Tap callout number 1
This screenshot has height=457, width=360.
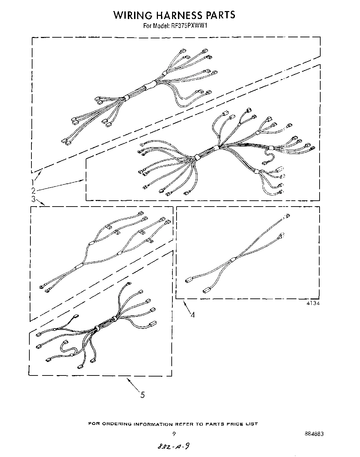pos(32,182)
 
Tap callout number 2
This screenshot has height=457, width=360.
pos(33,190)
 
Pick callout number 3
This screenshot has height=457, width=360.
pos(33,199)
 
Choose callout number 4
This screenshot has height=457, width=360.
pos(192,314)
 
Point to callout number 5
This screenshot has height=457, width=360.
pos(143,394)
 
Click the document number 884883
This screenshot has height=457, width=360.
pos(315,434)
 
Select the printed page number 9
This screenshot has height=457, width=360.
pos(174,434)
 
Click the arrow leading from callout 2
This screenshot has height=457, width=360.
pos(59,185)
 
